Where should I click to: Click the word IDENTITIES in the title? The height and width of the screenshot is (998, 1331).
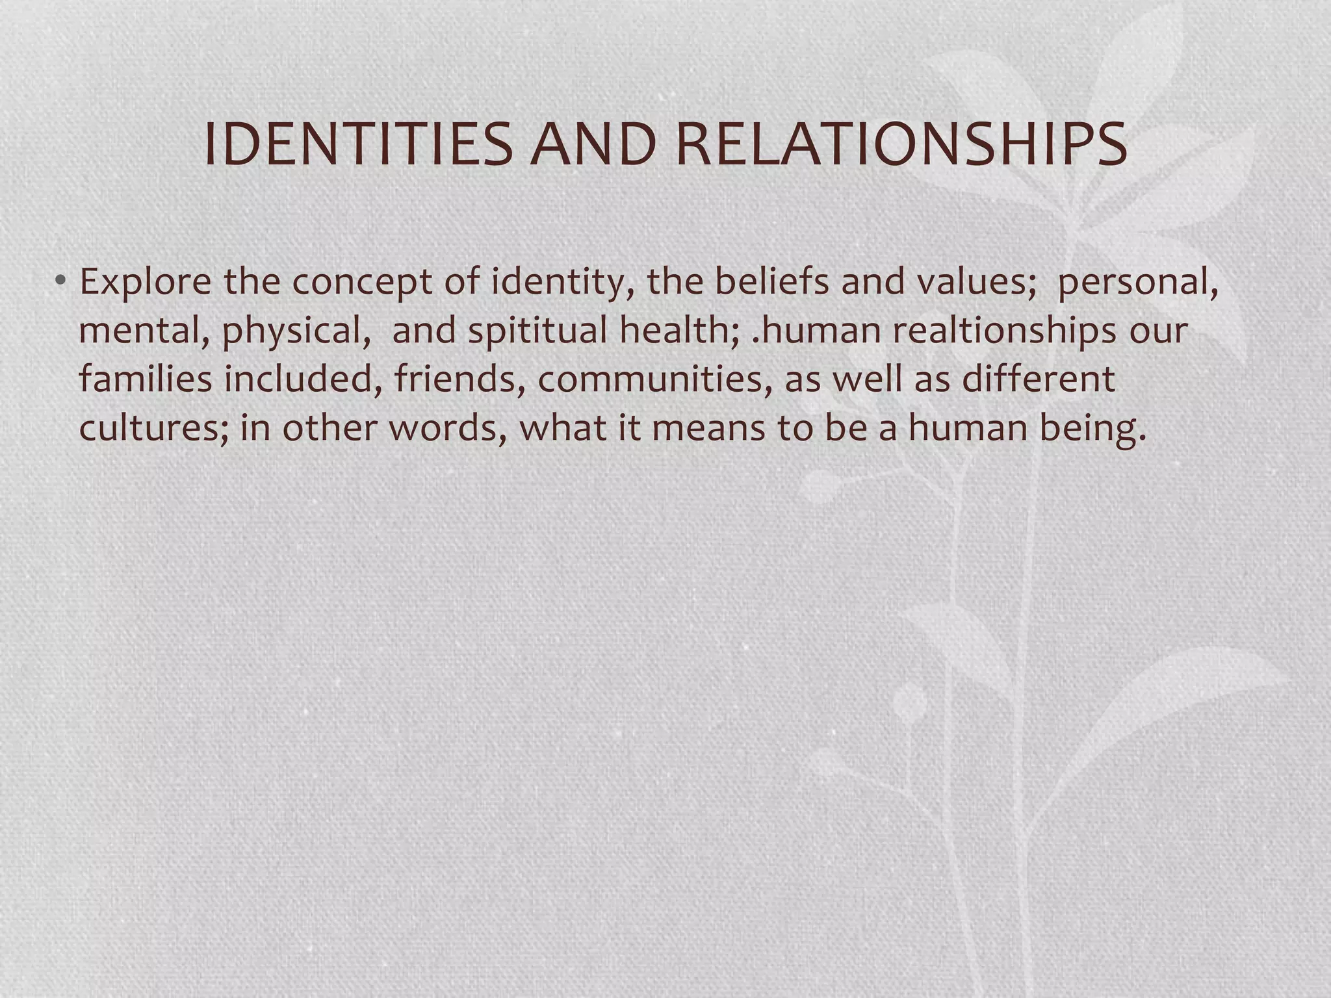click(x=358, y=144)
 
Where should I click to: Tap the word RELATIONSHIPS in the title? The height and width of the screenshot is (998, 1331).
click(x=901, y=144)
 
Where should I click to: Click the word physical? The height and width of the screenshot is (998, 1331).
click(x=301, y=331)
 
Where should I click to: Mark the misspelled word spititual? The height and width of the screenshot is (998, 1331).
click(x=537, y=331)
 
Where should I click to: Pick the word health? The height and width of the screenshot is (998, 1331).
click(x=679, y=330)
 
